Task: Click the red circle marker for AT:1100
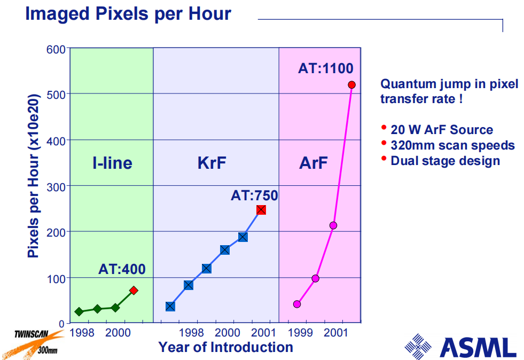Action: pos(351,85)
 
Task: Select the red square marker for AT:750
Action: pos(261,210)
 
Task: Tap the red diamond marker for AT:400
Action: pos(134,291)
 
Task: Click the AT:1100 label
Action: pos(326,68)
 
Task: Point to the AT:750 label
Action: pos(254,195)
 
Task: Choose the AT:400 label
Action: pos(122,270)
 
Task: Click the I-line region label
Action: pos(112,163)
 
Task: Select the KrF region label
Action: pos(212,163)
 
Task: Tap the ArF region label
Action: pos(314,163)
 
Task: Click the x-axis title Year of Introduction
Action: pos(225,347)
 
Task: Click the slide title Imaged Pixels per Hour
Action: pos(128,14)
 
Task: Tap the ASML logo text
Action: pos(478,347)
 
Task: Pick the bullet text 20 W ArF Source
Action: pos(442,130)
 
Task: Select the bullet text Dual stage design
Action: pos(445,161)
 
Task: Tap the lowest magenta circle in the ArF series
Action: pos(297,304)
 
